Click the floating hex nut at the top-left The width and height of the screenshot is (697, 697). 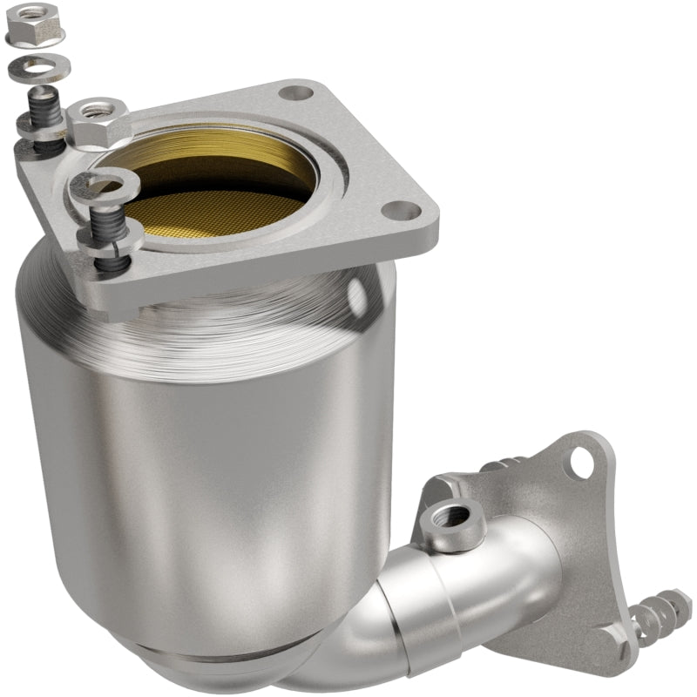pos(36,28)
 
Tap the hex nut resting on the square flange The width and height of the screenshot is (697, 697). pos(97,122)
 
